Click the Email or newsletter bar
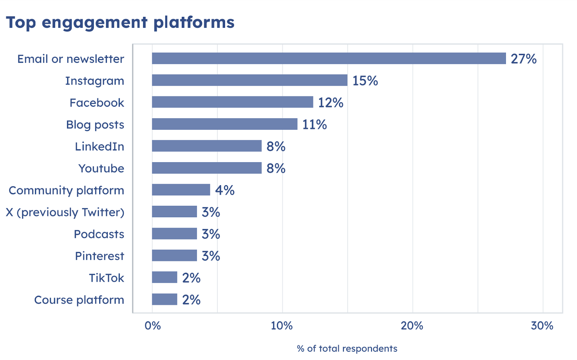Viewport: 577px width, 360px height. (x=329, y=58)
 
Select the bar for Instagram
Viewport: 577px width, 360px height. (x=250, y=80)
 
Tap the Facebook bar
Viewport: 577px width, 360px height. (x=232, y=102)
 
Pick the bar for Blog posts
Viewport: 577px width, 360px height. (x=224, y=124)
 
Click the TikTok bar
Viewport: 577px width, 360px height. (x=164, y=277)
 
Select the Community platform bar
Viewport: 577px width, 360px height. (x=181, y=190)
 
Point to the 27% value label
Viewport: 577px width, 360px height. (x=523, y=59)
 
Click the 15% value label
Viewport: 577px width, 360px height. (x=365, y=81)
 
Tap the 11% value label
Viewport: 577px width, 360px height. (x=314, y=125)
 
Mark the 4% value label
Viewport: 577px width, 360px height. (x=225, y=190)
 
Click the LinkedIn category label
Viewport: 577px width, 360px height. (x=100, y=147)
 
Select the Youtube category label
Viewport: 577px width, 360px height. (x=101, y=169)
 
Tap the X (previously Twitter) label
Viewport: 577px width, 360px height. (x=65, y=212)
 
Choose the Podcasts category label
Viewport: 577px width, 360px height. (x=99, y=234)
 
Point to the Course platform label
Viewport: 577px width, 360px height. (x=79, y=300)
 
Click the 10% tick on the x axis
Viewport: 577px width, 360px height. (x=282, y=326)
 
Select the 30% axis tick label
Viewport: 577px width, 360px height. (x=542, y=326)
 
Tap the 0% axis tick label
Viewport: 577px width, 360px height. (x=153, y=326)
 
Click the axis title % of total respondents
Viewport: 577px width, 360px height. (x=347, y=348)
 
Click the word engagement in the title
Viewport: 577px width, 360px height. (x=94, y=23)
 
